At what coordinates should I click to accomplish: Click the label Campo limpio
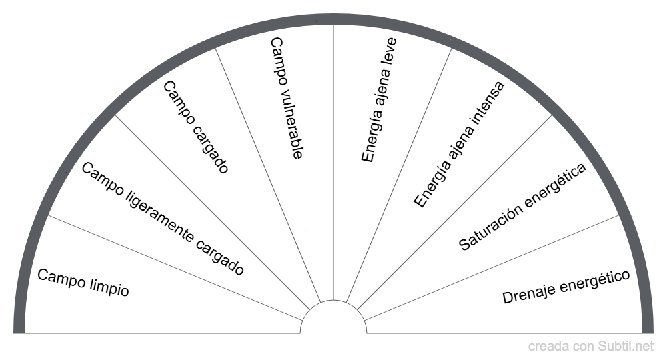point(83,283)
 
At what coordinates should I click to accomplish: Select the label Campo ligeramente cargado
point(162,219)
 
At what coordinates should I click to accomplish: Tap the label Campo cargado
point(196,127)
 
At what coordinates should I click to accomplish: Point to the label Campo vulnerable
point(287,98)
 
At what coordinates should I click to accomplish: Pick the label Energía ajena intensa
point(459,144)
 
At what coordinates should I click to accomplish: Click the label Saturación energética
point(522,207)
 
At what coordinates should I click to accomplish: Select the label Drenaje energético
point(566,287)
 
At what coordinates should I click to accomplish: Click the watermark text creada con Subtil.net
point(591,346)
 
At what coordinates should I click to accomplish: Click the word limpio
point(109,289)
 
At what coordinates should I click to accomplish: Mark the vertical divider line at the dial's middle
point(333,167)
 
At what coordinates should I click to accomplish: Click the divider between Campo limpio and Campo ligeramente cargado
point(173,264)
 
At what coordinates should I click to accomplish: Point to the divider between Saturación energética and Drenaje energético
point(494,264)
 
